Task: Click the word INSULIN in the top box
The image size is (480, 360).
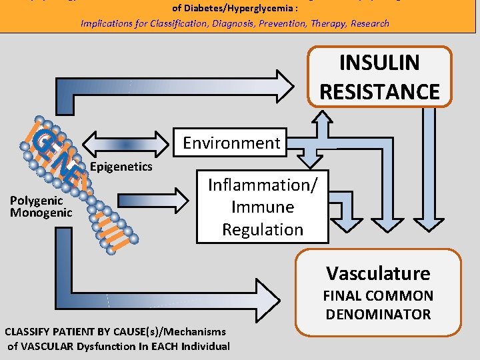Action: [x=379, y=63]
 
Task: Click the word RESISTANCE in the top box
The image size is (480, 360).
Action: [x=379, y=91]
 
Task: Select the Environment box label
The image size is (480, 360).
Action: [x=231, y=143]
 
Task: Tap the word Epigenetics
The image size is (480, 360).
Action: [x=121, y=166]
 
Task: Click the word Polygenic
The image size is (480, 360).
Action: [x=37, y=201]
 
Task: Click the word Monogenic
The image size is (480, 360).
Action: [x=41, y=213]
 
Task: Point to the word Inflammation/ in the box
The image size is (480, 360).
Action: [x=263, y=184]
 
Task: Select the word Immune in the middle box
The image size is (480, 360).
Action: [x=263, y=207]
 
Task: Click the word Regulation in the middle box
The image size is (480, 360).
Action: [x=263, y=229]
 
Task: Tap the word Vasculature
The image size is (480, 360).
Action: [x=378, y=273]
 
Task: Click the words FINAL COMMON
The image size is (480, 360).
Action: [x=378, y=296]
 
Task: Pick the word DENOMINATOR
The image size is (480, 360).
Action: [x=378, y=314]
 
